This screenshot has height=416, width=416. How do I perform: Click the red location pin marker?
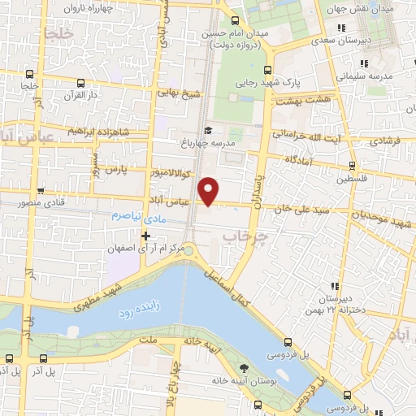[x=210, y=190]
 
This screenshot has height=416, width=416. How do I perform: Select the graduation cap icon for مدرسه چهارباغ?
[x=208, y=131]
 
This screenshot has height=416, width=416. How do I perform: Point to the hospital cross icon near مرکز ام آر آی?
[x=145, y=236]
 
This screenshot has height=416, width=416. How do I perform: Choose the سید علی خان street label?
[x=304, y=210]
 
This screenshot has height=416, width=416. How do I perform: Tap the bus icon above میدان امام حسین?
[x=235, y=21]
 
